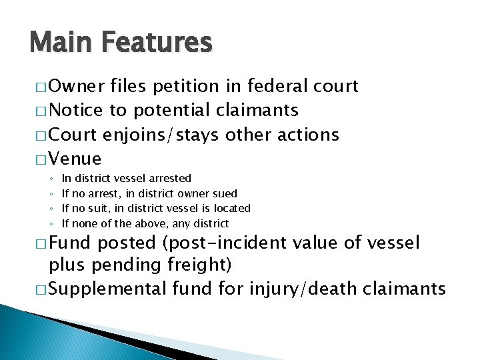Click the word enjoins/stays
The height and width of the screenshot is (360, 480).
click(162, 135)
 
